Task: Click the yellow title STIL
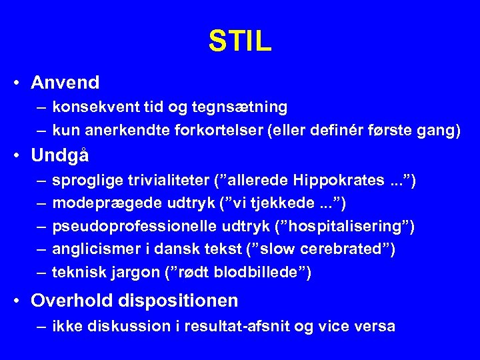pyautogui.click(x=240, y=41)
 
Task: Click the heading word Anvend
pyautogui.click(x=65, y=83)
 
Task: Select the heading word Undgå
pyautogui.click(x=60, y=155)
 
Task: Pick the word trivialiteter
pyautogui.click(x=167, y=180)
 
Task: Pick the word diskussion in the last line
pyautogui.click(x=117, y=326)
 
